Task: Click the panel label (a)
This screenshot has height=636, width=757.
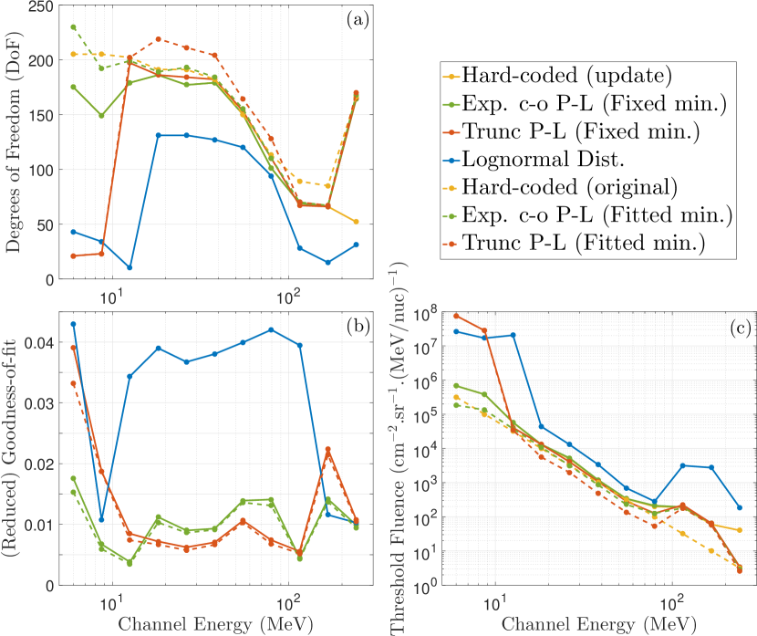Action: tap(356, 21)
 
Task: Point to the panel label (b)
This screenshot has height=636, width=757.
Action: tap(356, 330)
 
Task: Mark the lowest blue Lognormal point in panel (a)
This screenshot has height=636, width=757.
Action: tap(130, 267)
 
